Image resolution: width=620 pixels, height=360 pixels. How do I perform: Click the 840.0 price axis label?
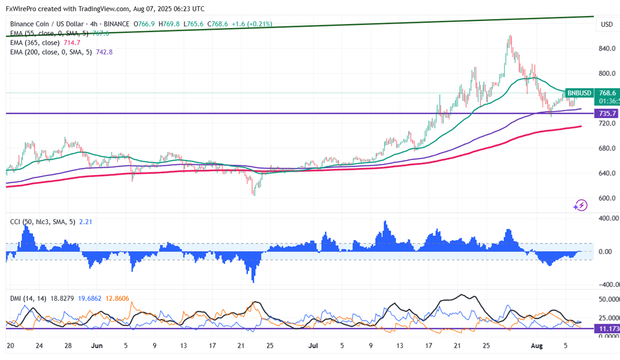[607, 48]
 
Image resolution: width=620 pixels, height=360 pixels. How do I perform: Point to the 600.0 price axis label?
[607, 198]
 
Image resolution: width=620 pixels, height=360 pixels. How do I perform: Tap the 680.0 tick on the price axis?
[607, 148]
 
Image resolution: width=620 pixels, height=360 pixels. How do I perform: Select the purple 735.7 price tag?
[607, 114]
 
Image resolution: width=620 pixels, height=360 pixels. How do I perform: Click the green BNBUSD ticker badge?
[579, 93]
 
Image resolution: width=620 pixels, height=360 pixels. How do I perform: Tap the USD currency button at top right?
[607, 25]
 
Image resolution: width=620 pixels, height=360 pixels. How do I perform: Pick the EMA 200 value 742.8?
[104, 52]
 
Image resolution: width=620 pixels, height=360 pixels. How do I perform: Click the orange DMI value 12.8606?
[118, 299]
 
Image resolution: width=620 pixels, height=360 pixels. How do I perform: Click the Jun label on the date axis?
[97, 346]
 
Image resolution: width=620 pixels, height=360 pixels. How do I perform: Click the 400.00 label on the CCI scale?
[608, 218]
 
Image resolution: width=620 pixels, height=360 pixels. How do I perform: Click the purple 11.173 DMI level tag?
[607, 328]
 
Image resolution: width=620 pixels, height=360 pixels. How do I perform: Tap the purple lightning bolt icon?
[580, 206]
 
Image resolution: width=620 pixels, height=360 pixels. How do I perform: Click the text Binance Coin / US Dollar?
[47, 24]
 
